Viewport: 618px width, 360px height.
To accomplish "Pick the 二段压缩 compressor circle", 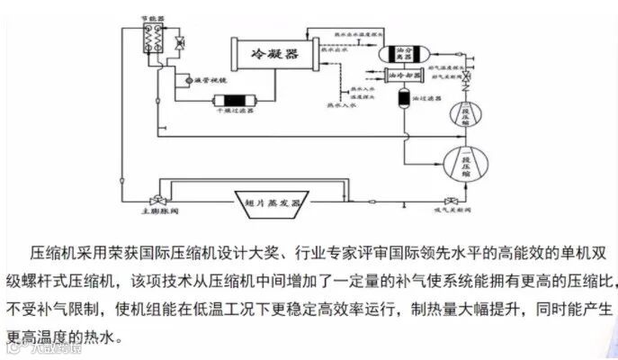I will [x=464, y=114].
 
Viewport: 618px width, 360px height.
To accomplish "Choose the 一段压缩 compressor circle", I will [x=466, y=163].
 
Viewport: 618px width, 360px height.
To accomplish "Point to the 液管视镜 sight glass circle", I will [x=182, y=79].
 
